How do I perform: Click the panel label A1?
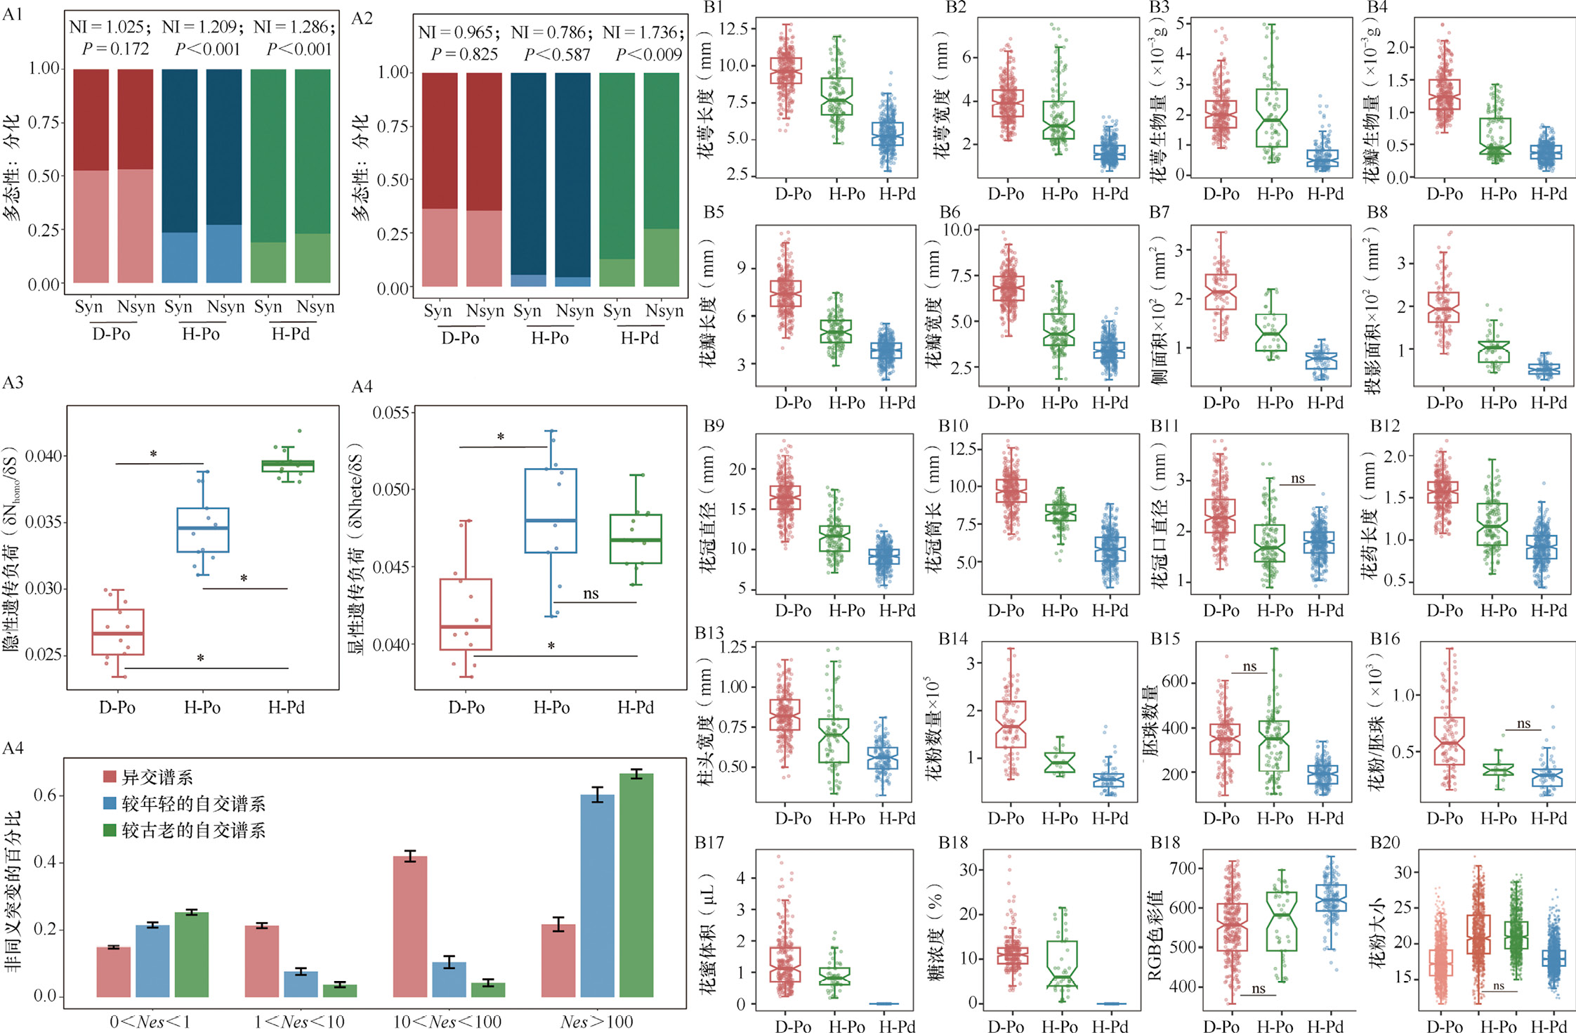click(x=13, y=14)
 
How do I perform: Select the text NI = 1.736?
click(x=641, y=32)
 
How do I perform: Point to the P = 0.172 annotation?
click(x=115, y=48)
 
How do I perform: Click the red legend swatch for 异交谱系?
click(x=110, y=777)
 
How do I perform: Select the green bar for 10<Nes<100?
click(x=488, y=989)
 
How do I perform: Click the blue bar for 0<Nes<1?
click(x=152, y=961)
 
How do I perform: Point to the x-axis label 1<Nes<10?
click(x=300, y=1022)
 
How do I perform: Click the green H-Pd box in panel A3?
click(x=288, y=465)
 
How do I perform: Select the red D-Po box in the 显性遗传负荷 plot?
click(x=466, y=614)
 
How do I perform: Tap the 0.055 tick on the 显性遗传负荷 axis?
click(x=391, y=412)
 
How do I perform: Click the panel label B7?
click(x=1160, y=212)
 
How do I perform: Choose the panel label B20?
click(x=1385, y=842)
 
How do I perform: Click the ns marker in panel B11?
click(x=1298, y=479)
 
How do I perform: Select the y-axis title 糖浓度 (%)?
click(x=937, y=935)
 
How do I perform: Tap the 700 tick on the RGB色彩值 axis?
click(x=1183, y=869)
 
